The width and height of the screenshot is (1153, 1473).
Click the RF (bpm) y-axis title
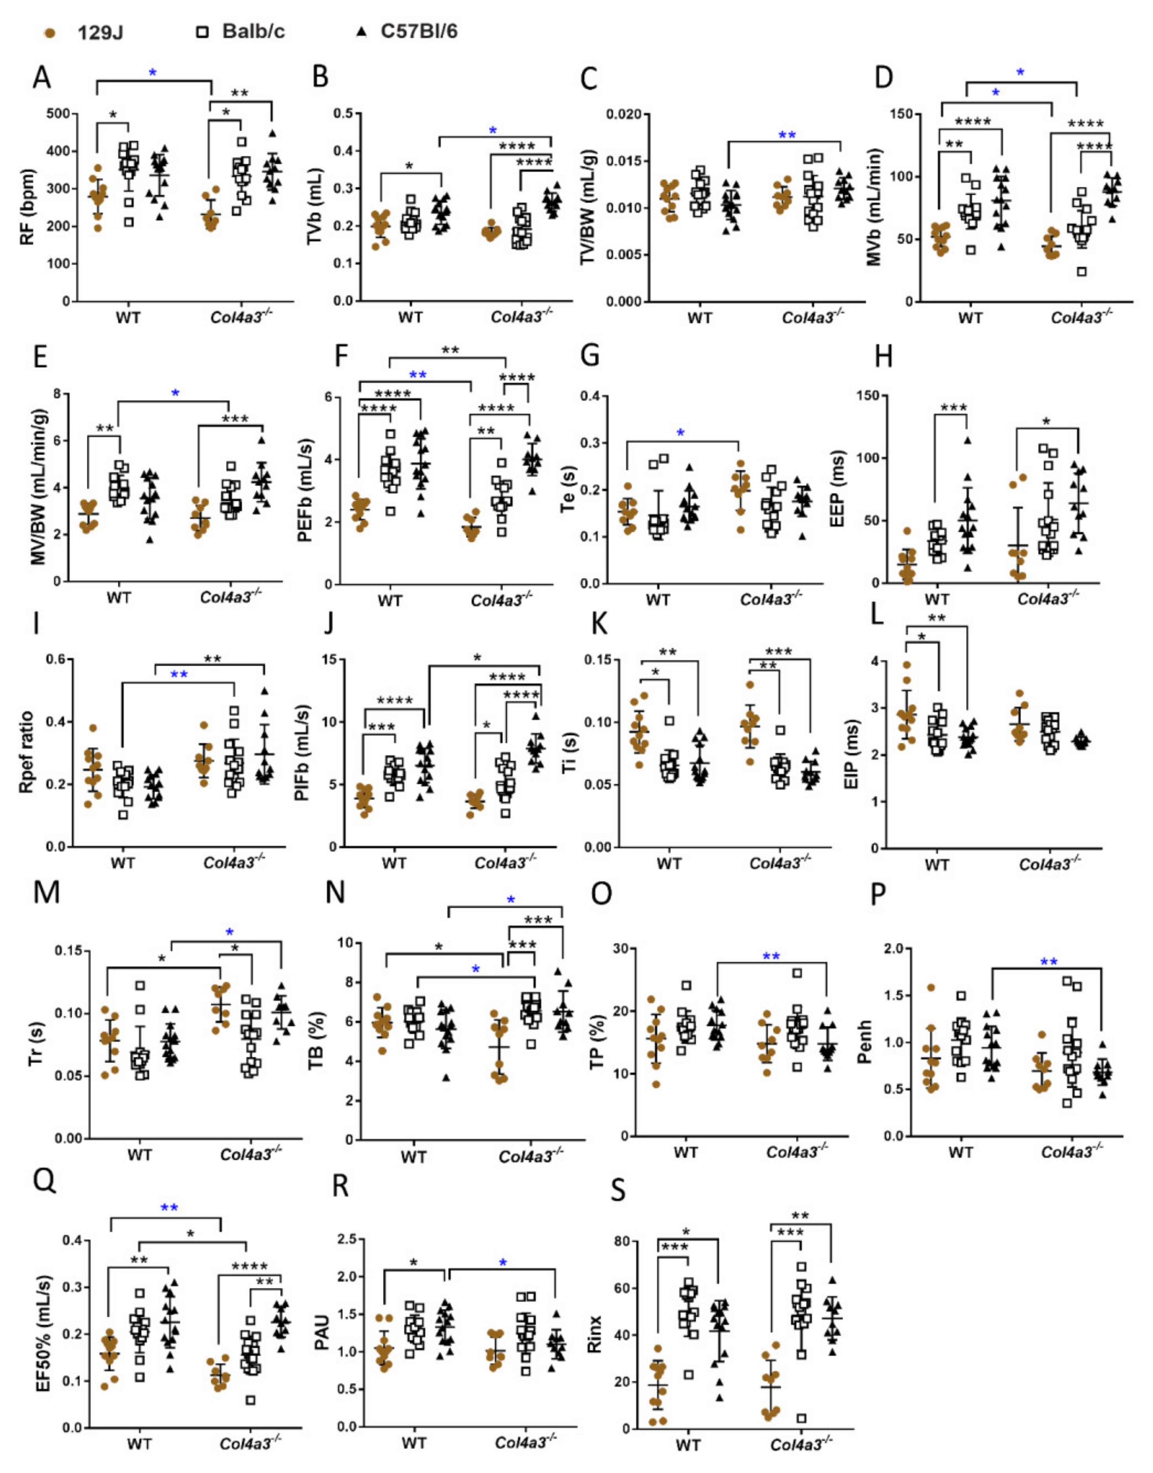click(x=28, y=208)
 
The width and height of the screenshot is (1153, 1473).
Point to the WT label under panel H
click(x=936, y=599)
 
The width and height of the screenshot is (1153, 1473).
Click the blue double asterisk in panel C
click(x=787, y=135)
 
